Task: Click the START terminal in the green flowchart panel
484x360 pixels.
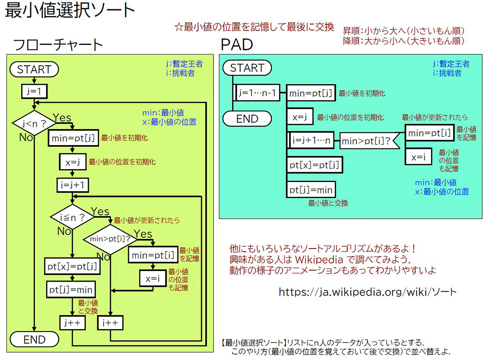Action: (x=34, y=70)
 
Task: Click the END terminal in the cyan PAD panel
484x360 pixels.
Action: (x=247, y=119)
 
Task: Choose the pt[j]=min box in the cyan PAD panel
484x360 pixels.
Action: (x=311, y=189)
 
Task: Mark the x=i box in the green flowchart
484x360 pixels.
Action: (x=153, y=279)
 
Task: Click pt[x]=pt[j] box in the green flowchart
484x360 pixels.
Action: (x=72, y=266)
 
